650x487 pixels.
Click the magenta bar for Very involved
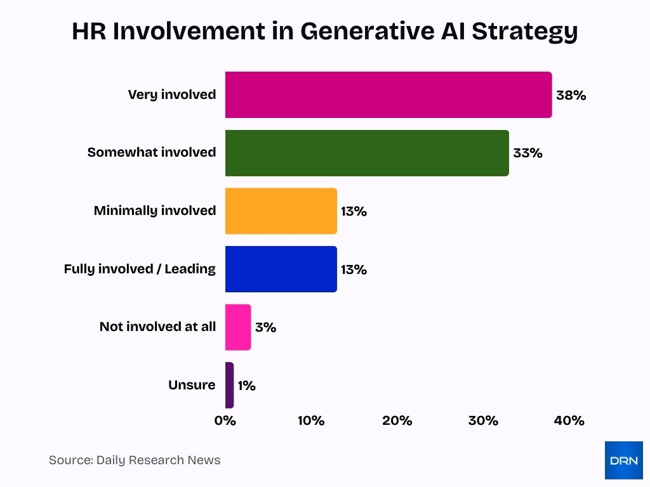point(388,95)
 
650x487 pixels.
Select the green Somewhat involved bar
point(367,153)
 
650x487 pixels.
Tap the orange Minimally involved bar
point(281,211)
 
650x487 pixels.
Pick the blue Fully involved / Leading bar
point(281,269)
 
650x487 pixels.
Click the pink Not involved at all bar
point(238,327)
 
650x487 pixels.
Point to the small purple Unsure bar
point(229,385)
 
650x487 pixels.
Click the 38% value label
point(571,96)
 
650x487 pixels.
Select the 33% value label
point(527,153)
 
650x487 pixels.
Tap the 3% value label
point(265,328)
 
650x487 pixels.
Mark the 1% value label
point(247,386)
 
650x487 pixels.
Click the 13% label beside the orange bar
point(354,212)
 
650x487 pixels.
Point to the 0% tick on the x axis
point(225,421)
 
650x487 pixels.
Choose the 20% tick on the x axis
point(397,421)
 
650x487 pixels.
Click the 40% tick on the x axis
point(569,421)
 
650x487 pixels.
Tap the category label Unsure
point(192,385)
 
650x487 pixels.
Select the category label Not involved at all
point(157,327)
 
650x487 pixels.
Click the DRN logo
point(623,460)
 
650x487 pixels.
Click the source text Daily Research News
point(158,460)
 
